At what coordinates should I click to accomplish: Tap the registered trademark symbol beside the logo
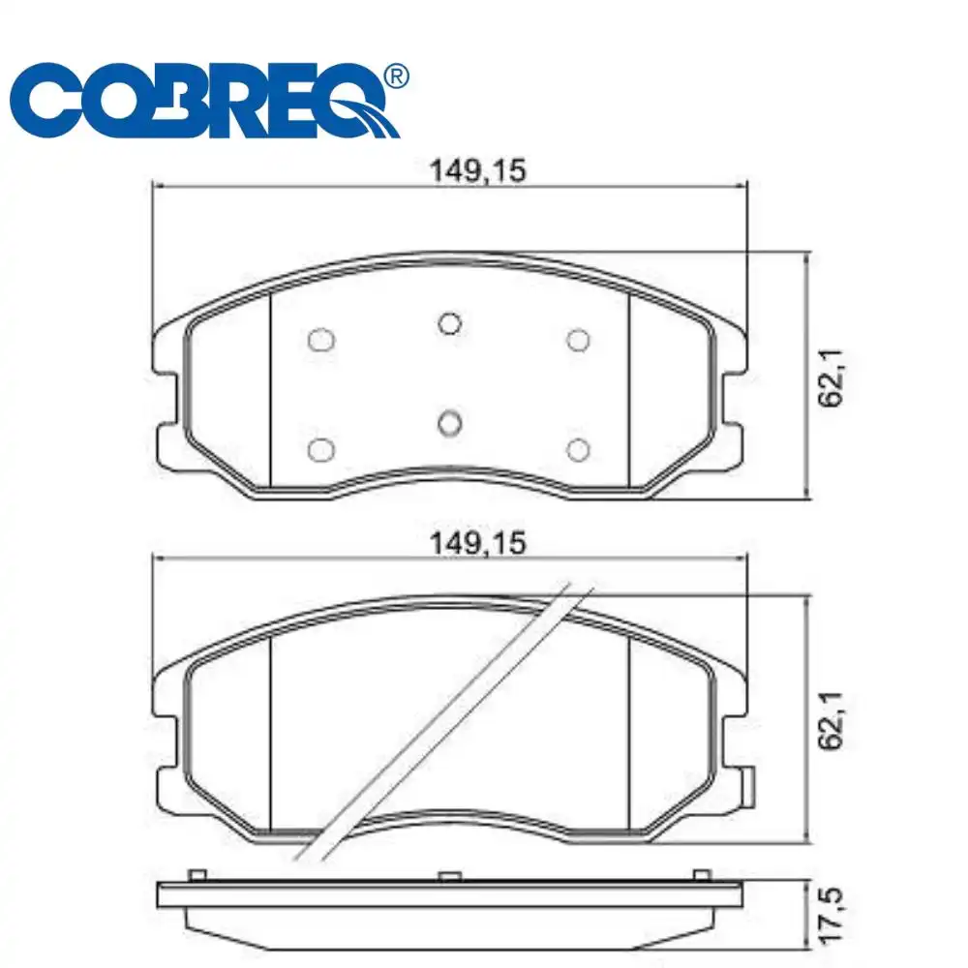click(396, 76)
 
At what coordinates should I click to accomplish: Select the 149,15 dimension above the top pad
click(478, 171)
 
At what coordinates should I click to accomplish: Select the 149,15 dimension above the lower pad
click(478, 543)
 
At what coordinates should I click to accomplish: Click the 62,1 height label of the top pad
click(831, 378)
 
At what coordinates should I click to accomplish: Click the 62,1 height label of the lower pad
click(831, 720)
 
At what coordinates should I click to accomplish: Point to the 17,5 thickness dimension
click(831, 916)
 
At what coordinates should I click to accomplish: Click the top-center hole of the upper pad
click(449, 323)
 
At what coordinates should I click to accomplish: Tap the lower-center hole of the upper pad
click(449, 424)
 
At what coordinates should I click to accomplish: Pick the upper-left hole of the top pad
click(321, 340)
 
